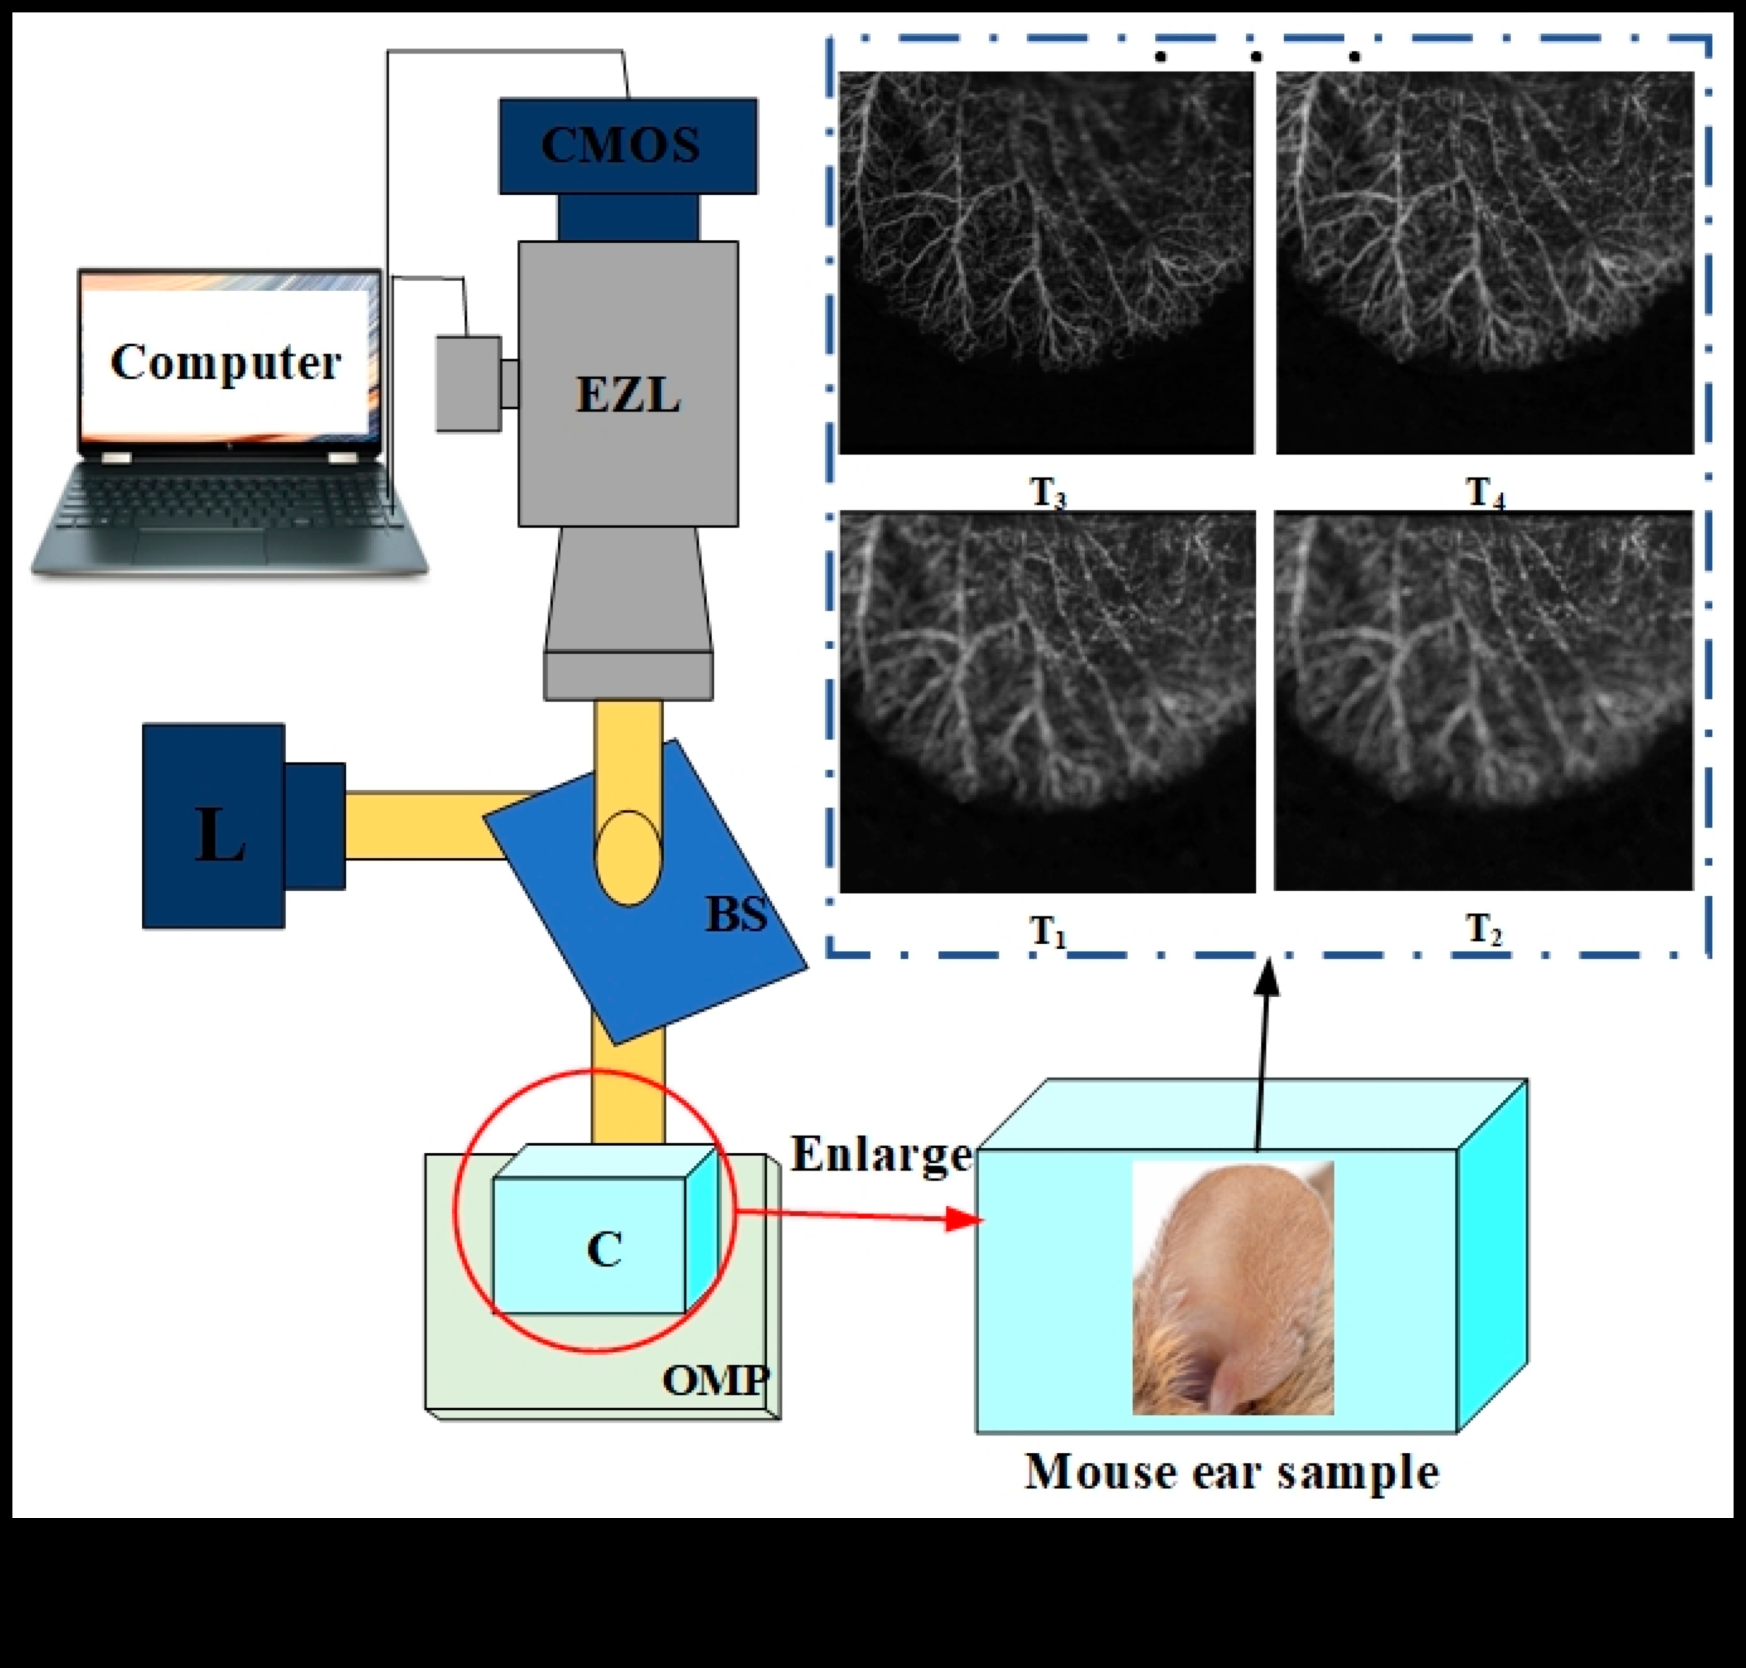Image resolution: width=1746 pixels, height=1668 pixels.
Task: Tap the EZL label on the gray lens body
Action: pyautogui.click(x=628, y=395)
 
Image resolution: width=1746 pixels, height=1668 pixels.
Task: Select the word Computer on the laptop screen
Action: pyautogui.click(x=226, y=362)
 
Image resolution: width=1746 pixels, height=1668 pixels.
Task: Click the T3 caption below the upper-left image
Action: pyautogui.click(x=1047, y=492)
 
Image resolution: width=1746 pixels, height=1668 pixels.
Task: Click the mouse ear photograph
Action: pyautogui.click(x=1232, y=1288)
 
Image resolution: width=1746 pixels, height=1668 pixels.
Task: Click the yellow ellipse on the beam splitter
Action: pyautogui.click(x=628, y=858)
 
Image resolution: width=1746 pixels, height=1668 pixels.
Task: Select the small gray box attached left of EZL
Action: pyautogui.click(x=468, y=384)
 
